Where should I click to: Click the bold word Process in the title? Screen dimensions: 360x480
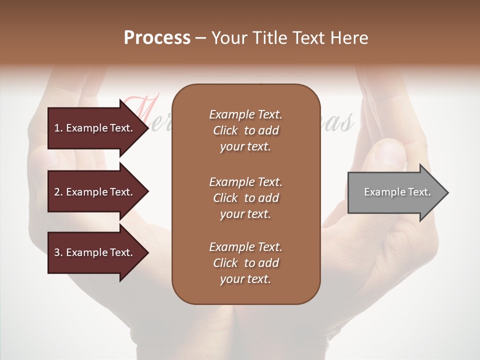(x=157, y=38)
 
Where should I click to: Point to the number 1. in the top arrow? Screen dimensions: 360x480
(x=58, y=128)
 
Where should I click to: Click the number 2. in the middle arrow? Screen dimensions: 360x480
(x=58, y=192)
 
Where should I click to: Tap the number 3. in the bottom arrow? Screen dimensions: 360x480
(x=58, y=252)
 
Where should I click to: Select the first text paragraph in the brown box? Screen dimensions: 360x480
(x=245, y=130)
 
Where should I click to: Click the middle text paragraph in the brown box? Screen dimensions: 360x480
(x=245, y=198)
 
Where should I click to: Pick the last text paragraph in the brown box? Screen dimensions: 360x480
(x=245, y=263)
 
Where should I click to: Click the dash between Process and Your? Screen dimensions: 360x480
(x=200, y=38)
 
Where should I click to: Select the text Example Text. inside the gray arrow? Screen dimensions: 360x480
(x=397, y=192)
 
